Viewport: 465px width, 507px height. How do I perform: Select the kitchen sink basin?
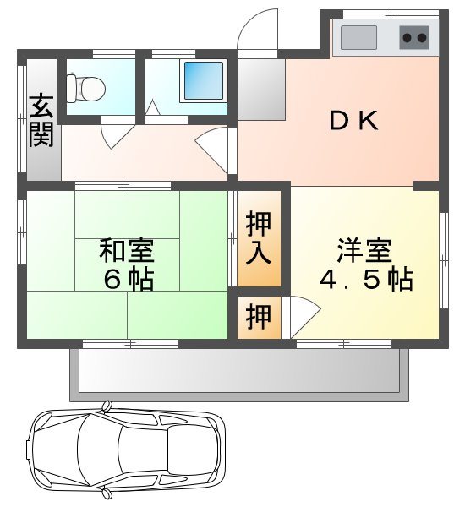(x=358, y=38)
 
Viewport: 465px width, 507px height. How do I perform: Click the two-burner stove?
(x=413, y=38)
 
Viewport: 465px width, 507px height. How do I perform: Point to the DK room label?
(x=353, y=123)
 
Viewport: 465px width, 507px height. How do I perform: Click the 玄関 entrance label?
(x=40, y=121)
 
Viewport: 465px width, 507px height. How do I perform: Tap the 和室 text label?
(x=127, y=251)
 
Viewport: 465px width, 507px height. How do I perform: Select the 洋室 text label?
(x=365, y=251)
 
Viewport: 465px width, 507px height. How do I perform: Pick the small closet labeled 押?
(x=260, y=317)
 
